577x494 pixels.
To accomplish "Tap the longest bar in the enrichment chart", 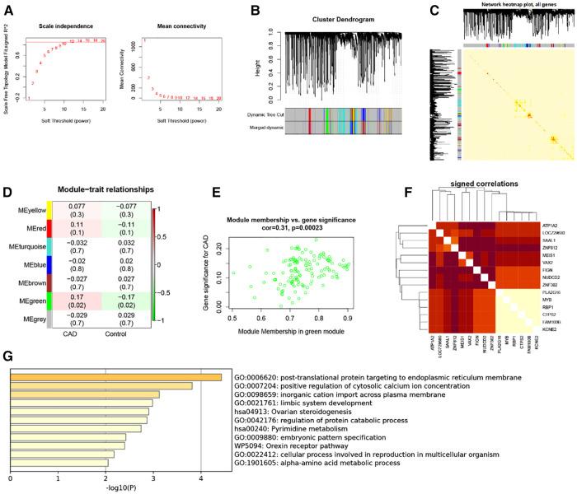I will [115, 377].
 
